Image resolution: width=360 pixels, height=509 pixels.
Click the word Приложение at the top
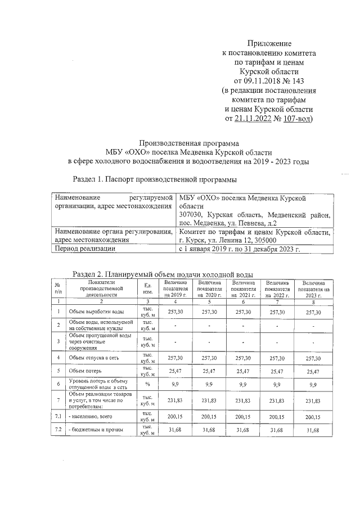pyautogui.click(x=269, y=43)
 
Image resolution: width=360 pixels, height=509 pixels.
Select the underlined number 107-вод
pyautogui.click(x=296, y=119)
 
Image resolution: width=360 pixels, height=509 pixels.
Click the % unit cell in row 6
pyautogui.click(x=148, y=385)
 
